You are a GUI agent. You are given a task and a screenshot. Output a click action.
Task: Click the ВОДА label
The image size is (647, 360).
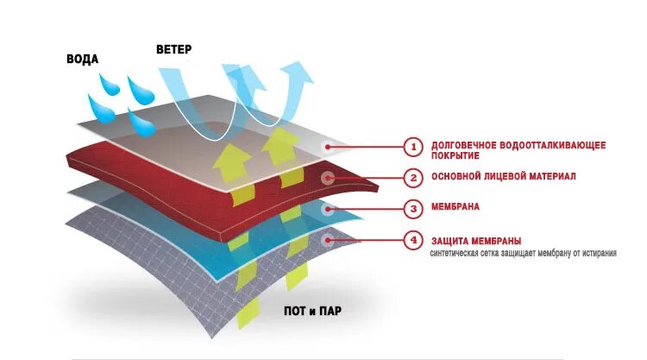coord(83,60)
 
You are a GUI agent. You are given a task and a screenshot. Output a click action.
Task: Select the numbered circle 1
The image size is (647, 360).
coord(413,147)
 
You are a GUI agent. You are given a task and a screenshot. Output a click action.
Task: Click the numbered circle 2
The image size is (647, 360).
coord(413,178)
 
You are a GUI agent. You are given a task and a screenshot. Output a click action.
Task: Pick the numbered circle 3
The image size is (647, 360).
coord(413,208)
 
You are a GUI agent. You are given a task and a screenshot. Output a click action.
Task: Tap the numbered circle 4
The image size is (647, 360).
coord(413,240)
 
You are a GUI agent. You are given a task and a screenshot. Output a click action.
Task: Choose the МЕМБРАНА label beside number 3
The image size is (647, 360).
coord(455,208)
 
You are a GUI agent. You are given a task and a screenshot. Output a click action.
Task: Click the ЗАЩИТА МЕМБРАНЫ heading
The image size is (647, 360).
coord(475,240)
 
